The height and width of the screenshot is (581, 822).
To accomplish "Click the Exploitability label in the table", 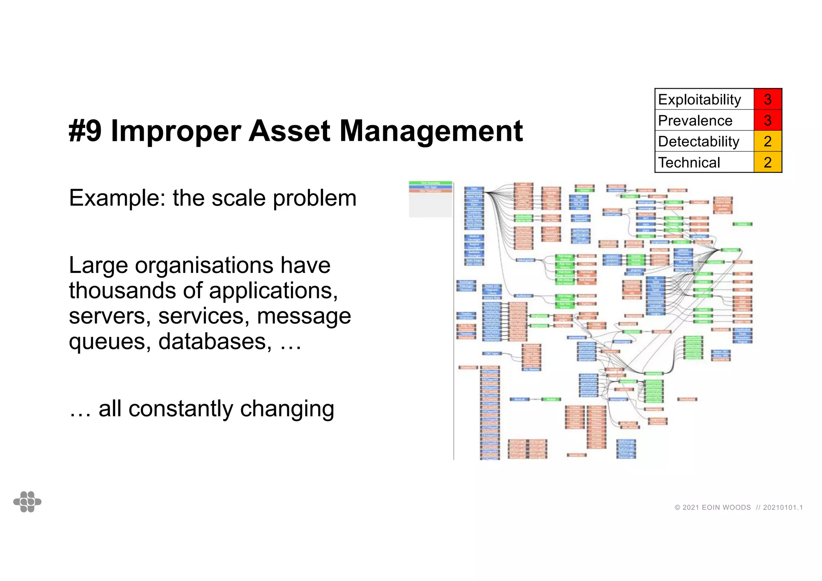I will click(699, 100).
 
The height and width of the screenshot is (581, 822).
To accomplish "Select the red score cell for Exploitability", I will click(767, 100).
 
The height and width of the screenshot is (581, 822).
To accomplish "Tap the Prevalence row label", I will click(695, 121).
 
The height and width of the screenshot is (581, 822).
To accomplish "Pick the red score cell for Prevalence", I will click(767, 121).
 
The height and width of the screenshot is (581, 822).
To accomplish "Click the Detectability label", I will click(698, 142).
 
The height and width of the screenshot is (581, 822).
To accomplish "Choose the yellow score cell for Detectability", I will click(767, 142).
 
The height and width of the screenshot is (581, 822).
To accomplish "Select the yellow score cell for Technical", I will click(767, 163).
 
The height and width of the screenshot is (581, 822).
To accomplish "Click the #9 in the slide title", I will click(85, 131).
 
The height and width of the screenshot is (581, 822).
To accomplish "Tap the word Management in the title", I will click(431, 131).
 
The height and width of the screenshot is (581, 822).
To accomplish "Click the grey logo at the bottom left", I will click(27, 502).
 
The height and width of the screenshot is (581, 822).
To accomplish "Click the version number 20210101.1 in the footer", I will click(783, 508).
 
